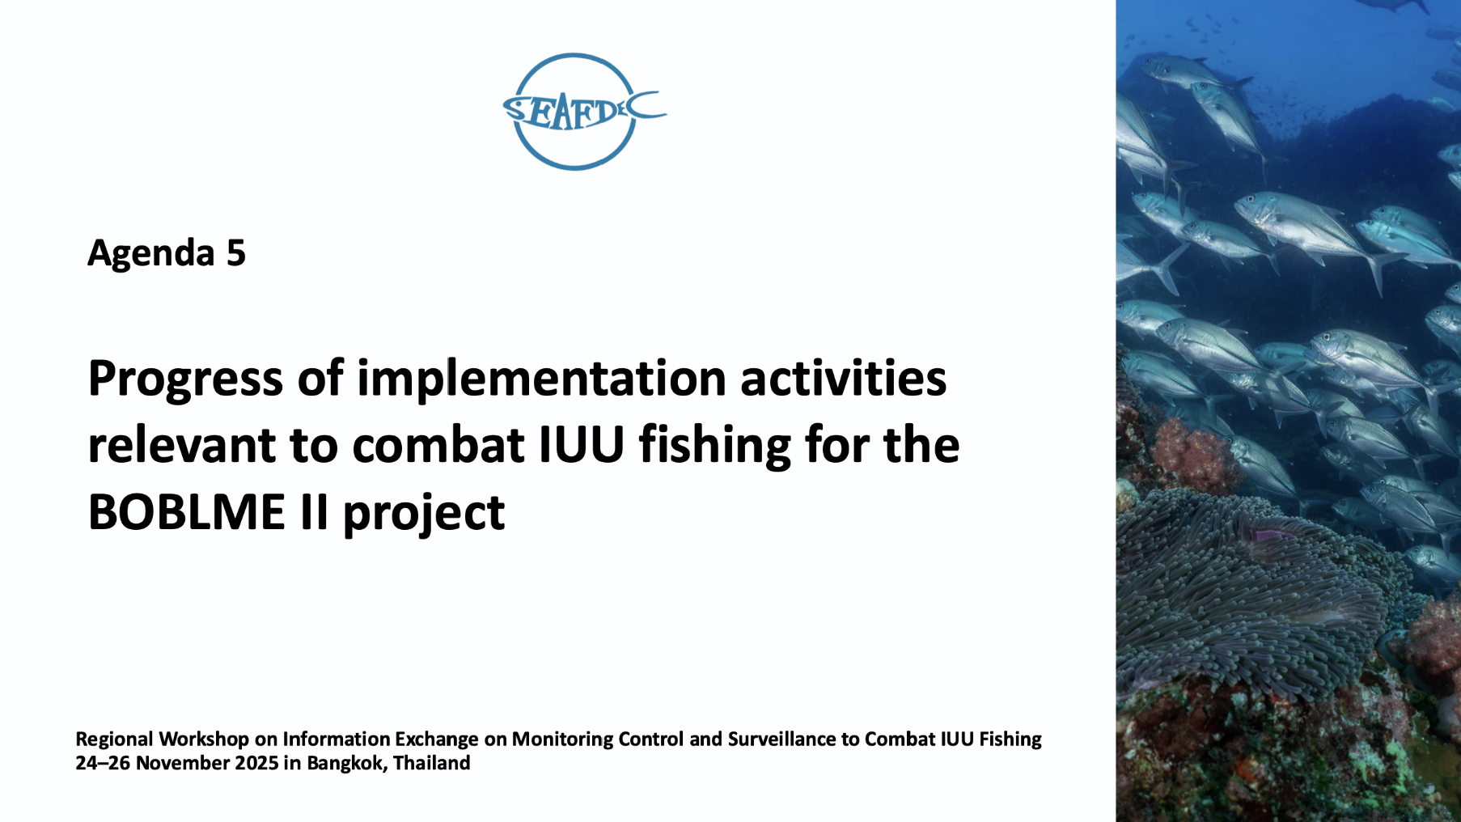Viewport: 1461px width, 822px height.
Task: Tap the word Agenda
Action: point(151,253)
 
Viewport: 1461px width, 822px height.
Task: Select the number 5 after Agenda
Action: point(235,253)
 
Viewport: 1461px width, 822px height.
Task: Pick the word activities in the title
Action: point(843,378)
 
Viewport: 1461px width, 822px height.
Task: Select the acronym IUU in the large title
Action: point(582,446)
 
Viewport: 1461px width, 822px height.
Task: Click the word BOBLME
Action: point(187,513)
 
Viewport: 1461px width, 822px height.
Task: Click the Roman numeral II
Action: point(314,513)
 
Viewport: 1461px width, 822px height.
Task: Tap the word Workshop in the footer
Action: point(204,739)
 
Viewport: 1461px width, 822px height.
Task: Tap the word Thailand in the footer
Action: point(431,763)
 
